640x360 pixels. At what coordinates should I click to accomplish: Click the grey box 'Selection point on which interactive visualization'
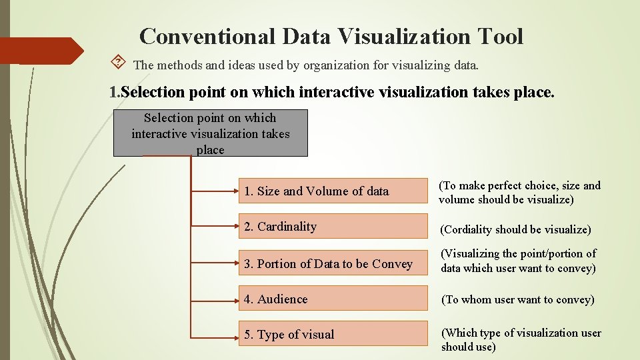pyautogui.click(x=210, y=133)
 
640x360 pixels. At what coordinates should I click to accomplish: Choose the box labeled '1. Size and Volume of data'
pyautogui.click(x=333, y=191)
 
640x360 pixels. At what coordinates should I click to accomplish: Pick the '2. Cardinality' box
pyautogui.click(x=333, y=227)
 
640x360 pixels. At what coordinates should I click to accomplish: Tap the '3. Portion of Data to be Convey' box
pyautogui.click(x=333, y=264)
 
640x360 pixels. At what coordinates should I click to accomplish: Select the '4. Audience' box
pyautogui.click(x=333, y=299)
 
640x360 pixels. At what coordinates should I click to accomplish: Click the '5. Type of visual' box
pyautogui.click(x=333, y=334)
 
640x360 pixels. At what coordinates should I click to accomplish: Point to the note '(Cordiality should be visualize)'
pyautogui.click(x=515, y=229)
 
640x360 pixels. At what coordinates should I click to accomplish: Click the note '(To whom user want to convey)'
pyautogui.click(x=518, y=299)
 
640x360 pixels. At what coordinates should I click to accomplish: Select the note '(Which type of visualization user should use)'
pyautogui.click(x=521, y=339)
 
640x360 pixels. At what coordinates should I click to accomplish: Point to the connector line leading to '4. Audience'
pyautogui.click(x=215, y=298)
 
